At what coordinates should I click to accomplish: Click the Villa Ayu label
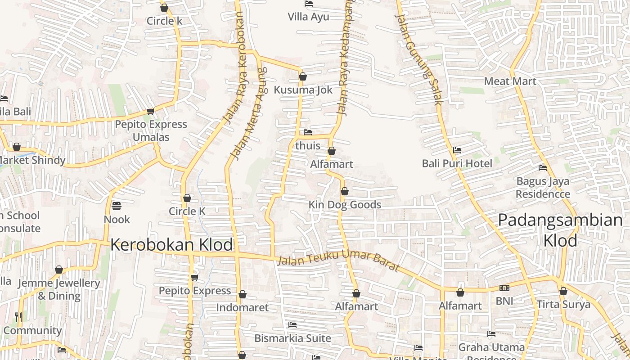pyautogui.click(x=309, y=17)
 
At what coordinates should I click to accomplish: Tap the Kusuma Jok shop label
pyautogui.click(x=303, y=90)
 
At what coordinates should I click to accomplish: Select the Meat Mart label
pyautogui.click(x=510, y=81)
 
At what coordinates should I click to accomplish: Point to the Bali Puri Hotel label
pyautogui.click(x=457, y=163)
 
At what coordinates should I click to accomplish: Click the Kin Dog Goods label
pyautogui.click(x=345, y=205)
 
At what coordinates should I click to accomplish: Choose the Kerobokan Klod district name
pyautogui.click(x=171, y=245)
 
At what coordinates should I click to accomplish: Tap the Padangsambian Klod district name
pyautogui.click(x=560, y=230)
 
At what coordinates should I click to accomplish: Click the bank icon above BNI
pyautogui.click(x=504, y=288)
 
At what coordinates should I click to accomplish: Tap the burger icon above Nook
pyautogui.click(x=117, y=207)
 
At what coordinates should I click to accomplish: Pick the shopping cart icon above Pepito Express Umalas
pyautogui.click(x=150, y=111)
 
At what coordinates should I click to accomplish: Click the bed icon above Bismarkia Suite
pyautogui.click(x=292, y=325)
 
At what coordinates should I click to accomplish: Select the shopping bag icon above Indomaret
pyautogui.click(x=243, y=295)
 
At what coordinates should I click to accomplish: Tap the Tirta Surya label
pyautogui.click(x=563, y=305)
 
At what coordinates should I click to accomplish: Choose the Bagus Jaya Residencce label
pyautogui.click(x=543, y=188)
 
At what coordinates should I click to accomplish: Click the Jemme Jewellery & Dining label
pyautogui.click(x=59, y=289)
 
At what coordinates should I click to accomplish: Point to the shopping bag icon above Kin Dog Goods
pyautogui.click(x=345, y=192)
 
